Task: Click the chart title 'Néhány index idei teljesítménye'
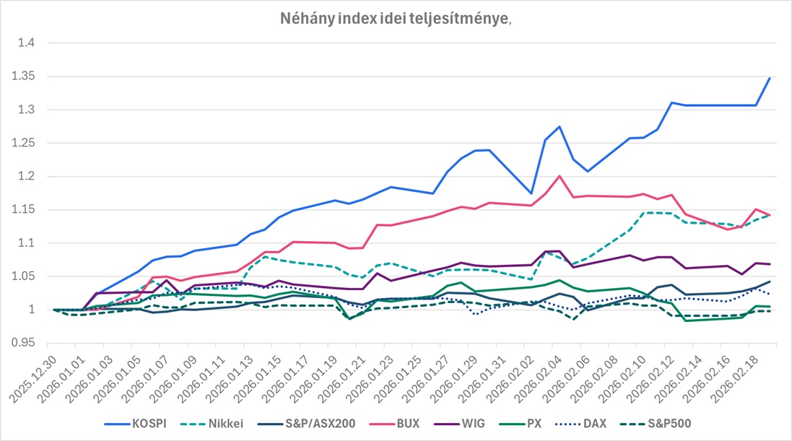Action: click(396, 19)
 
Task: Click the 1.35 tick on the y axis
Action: click(29, 77)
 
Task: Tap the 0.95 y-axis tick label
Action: click(29, 343)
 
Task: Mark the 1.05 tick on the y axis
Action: click(29, 276)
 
